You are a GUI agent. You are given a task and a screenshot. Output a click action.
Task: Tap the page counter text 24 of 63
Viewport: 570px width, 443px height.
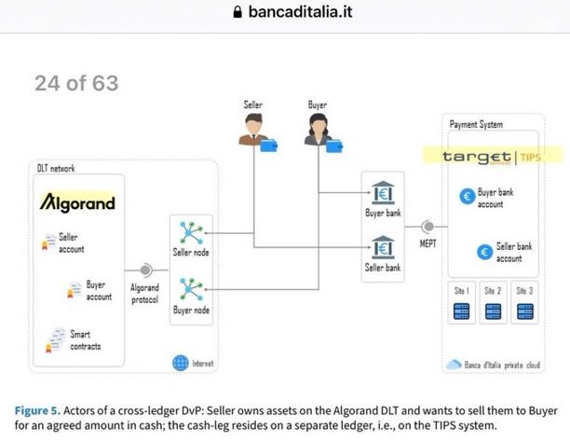pos(76,83)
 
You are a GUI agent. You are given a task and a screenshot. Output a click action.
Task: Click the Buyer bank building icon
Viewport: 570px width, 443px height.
pos(382,197)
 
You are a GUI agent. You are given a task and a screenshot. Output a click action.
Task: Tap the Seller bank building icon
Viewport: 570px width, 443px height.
pos(382,248)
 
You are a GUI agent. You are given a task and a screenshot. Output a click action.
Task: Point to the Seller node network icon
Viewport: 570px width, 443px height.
pos(190,233)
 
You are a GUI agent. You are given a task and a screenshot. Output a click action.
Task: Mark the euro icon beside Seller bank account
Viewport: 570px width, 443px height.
pos(483,251)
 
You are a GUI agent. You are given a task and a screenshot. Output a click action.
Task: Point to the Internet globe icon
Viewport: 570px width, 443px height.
pos(180,362)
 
